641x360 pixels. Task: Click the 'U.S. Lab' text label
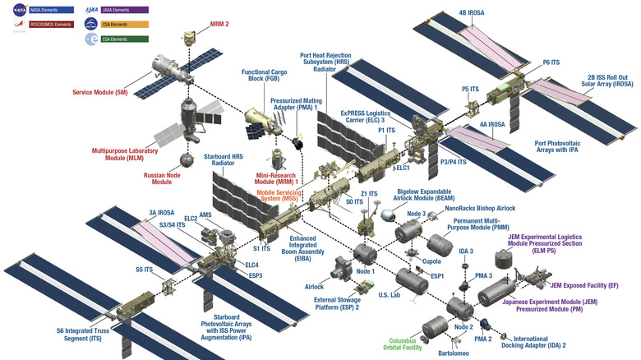pos(390,294)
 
